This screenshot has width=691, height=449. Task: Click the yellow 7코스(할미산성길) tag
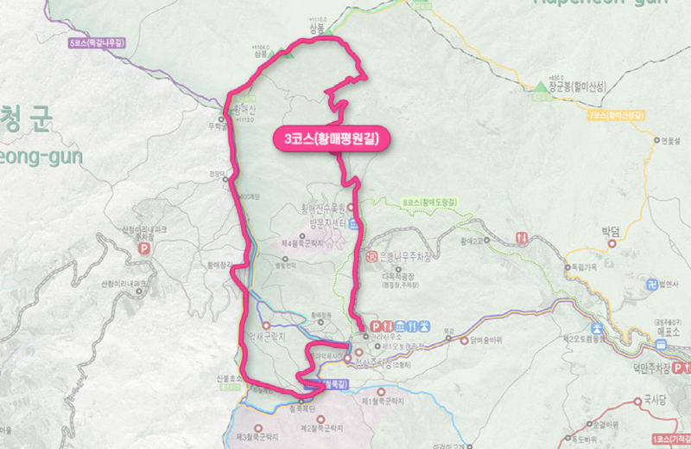617,114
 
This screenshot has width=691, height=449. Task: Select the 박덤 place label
611,231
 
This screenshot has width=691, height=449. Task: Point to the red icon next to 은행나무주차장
371,256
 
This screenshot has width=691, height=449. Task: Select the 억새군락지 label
267,334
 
